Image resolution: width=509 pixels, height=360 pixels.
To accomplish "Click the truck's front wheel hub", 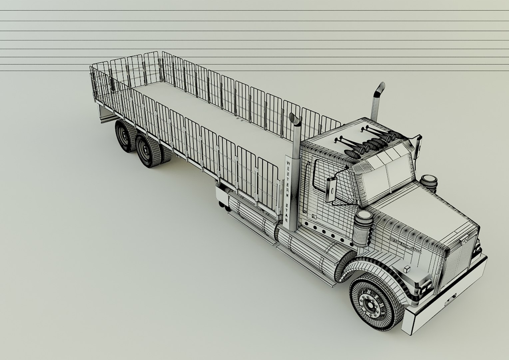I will tap(369, 305).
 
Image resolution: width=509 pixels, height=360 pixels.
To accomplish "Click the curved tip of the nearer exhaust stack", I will tap(294, 119).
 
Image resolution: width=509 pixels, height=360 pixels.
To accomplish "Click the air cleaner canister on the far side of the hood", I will tap(428, 184).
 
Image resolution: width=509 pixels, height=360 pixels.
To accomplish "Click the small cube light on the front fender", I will tap(407, 269).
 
